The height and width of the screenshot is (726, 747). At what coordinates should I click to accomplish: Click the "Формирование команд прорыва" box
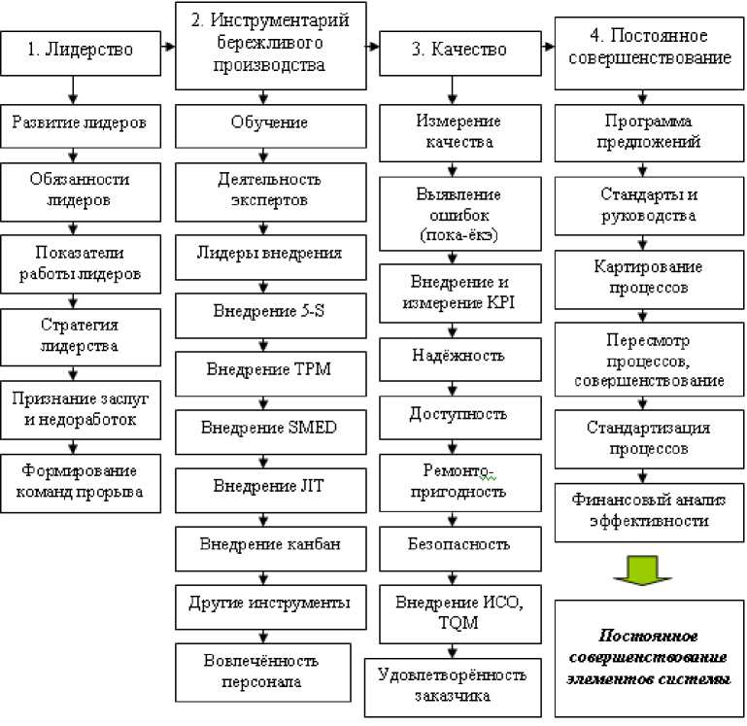coord(81,480)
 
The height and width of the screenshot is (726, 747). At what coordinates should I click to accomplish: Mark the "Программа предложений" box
coord(642,131)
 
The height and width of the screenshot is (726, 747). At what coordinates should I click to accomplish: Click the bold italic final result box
coord(648,657)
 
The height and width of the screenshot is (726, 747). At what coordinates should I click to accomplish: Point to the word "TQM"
coord(458,624)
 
